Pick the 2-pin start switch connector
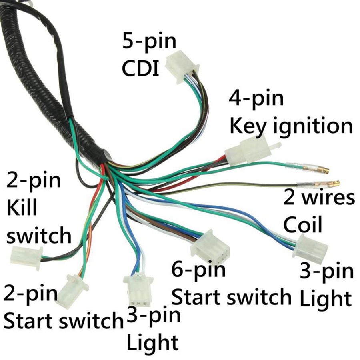point(72,291)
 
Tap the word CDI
point(140,68)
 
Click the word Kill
point(22,208)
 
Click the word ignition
point(313,126)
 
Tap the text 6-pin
point(198,270)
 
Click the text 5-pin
point(149,41)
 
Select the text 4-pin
point(256,98)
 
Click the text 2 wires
point(319,198)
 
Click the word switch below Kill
point(39,235)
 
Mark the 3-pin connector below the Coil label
point(310,249)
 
